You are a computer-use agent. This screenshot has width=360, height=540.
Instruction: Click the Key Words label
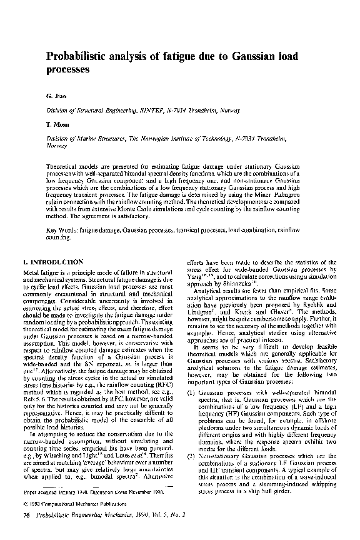tap(62, 231)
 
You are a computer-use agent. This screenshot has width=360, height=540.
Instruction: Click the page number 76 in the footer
tap(26, 514)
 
